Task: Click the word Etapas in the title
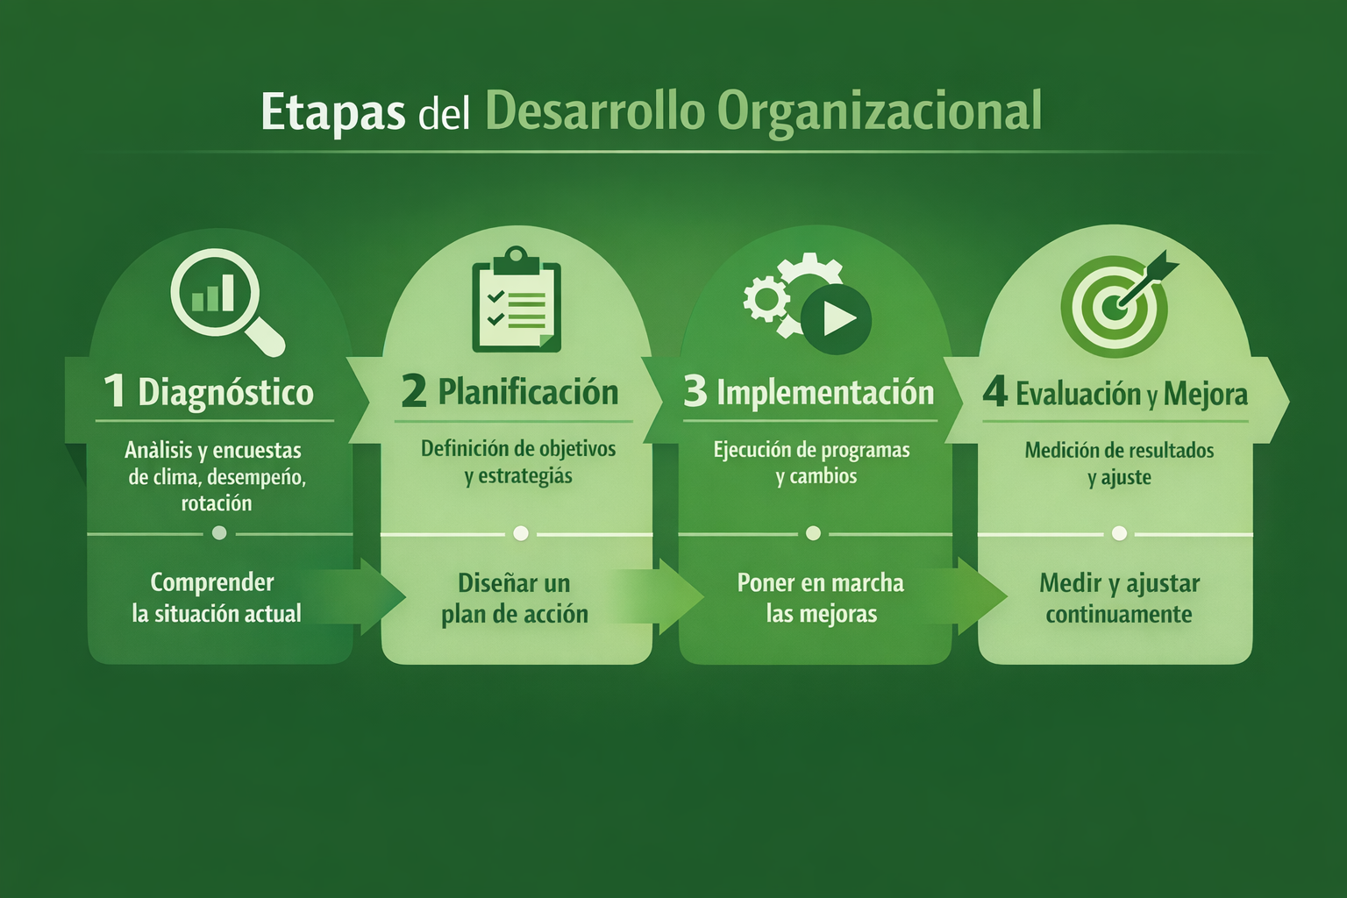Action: point(332,112)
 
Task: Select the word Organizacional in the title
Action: point(879,111)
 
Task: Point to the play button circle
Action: point(836,318)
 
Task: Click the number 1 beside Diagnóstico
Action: point(115,391)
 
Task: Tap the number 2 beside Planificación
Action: point(414,391)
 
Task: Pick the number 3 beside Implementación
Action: point(695,391)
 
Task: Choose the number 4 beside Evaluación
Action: point(994,391)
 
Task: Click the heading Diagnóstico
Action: point(225,393)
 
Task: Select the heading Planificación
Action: point(528,392)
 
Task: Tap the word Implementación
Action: point(825,393)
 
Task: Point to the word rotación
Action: point(217,503)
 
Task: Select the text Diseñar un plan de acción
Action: point(515,599)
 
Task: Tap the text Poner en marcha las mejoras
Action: point(821,598)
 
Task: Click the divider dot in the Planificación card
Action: point(521,533)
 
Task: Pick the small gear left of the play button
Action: point(766,298)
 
